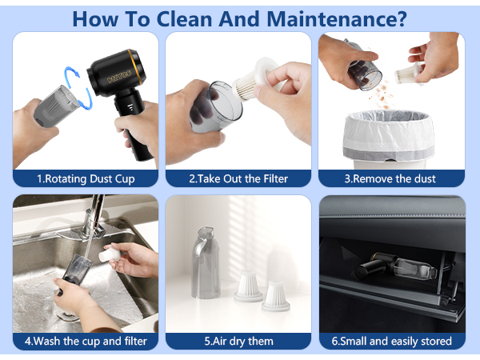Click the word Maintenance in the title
click(337, 19)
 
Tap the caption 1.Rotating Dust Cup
click(86, 178)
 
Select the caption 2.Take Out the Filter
click(238, 178)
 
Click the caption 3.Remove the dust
click(390, 178)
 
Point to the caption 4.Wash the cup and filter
click(86, 341)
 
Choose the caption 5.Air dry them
click(238, 341)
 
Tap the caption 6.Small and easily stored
click(391, 341)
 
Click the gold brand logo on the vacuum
click(119, 77)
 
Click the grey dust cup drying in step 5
click(206, 262)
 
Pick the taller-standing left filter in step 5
click(249, 286)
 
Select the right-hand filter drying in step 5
click(275, 296)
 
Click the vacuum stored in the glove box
click(395, 266)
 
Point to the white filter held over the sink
click(110, 254)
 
